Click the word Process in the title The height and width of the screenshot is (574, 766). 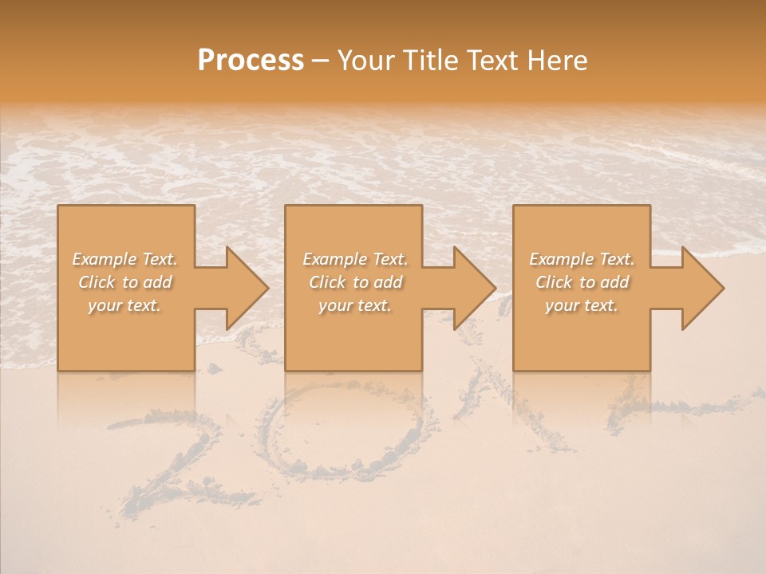pos(251,60)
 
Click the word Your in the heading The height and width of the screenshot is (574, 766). pos(366,60)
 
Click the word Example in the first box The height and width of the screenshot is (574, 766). pos(105,259)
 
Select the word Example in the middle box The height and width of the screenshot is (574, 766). pos(334,259)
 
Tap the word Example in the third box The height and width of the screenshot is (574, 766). pos(561,259)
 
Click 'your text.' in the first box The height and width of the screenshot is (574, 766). pos(124,305)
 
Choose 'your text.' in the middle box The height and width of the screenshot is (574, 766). pos(354,305)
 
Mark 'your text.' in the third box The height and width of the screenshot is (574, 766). pos(582,305)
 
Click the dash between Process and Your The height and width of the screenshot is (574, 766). pos(321,61)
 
